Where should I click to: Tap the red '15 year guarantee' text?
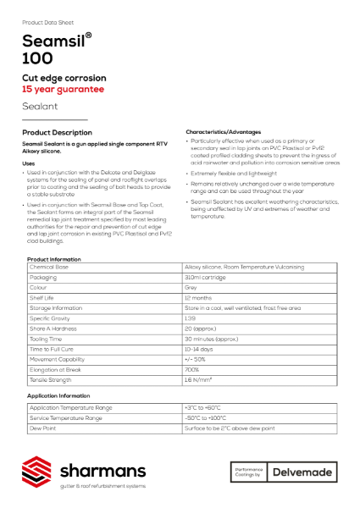tap(64, 88)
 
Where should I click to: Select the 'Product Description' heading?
tap(57, 133)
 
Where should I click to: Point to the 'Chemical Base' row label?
tap(50, 267)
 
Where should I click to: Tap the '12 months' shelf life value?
tap(198, 298)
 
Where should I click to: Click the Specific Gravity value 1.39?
tap(191, 318)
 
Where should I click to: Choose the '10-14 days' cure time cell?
tap(200, 349)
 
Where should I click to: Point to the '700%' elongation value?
tap(192, 370)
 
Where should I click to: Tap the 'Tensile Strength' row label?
tap(52, 380)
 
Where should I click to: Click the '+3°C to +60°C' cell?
tap(203, 408)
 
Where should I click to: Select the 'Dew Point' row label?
tap(42, 428)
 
